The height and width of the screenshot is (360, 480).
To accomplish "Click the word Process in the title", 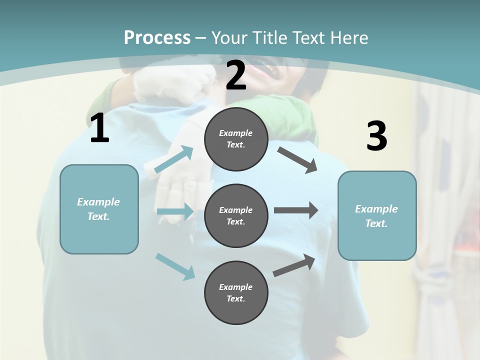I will [x=157, y=38].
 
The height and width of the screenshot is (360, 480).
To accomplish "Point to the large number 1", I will [x=99, y=128].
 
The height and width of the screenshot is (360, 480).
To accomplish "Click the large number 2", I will [x=236, y=75].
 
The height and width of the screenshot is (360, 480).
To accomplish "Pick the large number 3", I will [x=376, y=136].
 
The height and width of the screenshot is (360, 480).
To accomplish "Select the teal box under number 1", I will [x=99, y=209].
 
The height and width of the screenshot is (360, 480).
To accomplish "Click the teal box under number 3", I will [x=377, y=215].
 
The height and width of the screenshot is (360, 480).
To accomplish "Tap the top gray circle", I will [x=236, y=139].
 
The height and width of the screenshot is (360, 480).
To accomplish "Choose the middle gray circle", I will [x=236, y=215].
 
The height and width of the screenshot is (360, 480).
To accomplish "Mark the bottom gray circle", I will [x=236, y=292].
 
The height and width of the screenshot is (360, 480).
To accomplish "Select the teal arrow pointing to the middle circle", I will [x=175, y=211].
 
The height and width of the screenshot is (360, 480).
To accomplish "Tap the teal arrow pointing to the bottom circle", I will [x=175, y=266].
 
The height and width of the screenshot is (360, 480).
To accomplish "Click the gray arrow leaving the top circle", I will [x=297, y=160].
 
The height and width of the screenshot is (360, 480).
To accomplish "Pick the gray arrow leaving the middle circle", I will [x=296, y=210].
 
